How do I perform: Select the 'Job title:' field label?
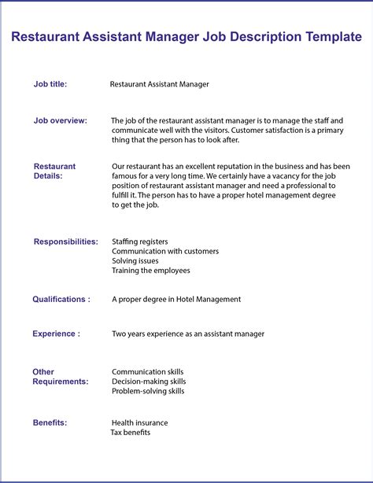pyautogui.click(x=50, y=83)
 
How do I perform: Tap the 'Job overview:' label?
pyautogui.click(x=61, y=120)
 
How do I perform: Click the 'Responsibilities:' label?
pyautogui.click(x=66, y=241)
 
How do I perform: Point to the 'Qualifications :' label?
pyautogui.click(x=61, y=299)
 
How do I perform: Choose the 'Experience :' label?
pyautogui.click(x=56, y=334)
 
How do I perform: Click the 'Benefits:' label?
pyautogui.click(x=50, y=422)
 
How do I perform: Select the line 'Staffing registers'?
pyautogui.click(x=140, y=241)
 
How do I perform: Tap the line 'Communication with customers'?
pyautogui.click(x=165, y=252)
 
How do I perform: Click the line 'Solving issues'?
pyautogui.click(x=135, y=261)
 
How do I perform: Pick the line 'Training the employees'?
pyautogui.click(x=151, y=271)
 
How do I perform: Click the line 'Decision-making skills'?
pyautogui.click(x=149, y=382)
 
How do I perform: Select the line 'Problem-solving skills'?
pyautogui.click(x=148, y=391)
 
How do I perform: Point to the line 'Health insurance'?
pyautogui.click(x=140, y=422)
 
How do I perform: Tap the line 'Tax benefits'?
pyautogui.click(x=131, y=432)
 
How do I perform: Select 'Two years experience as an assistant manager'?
pyautogui.click(x=188, y=334)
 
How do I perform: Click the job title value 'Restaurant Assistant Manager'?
pyautogui.click(x=160, y=83)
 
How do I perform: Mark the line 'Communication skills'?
pyautogui.click(x=147, y=371)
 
